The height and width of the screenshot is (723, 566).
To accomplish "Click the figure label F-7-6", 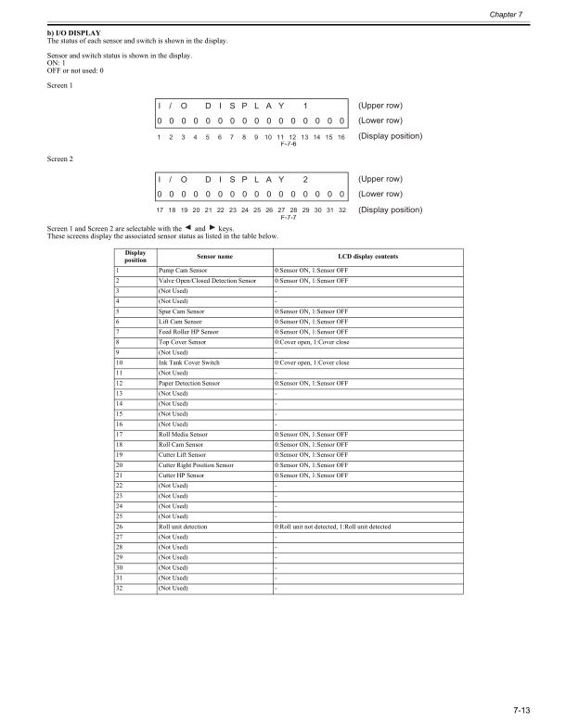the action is click(287, 145).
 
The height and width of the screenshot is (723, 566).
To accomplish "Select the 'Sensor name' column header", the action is click(214, 255).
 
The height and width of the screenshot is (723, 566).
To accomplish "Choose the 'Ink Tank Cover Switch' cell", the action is click(189, 361).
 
